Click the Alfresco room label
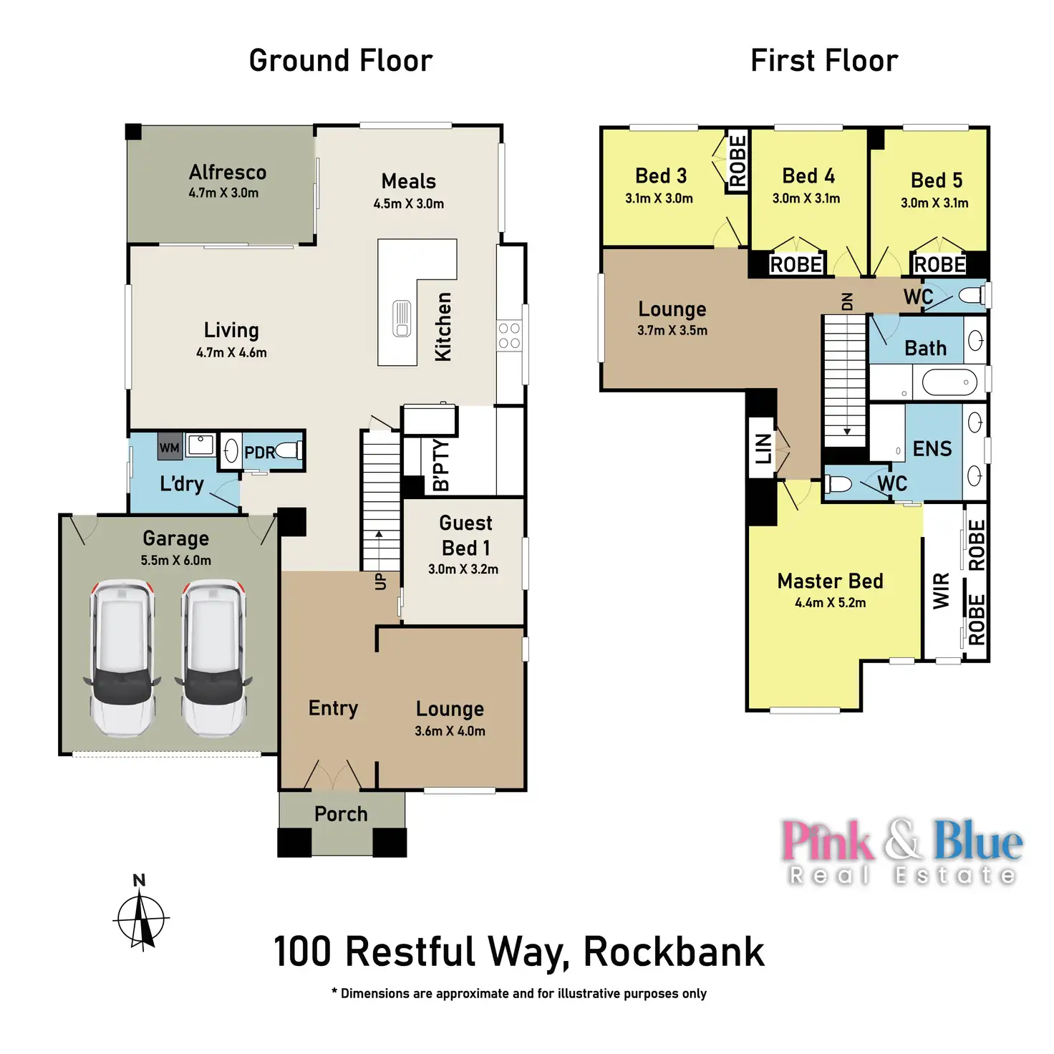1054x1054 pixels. click(228, 173)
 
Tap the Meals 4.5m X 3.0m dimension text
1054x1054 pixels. click(408, 204)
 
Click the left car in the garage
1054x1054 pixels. click(122, 657)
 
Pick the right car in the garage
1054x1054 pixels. click(213, 657)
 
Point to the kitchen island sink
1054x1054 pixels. click(402, 319)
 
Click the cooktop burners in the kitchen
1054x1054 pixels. click(509, 335)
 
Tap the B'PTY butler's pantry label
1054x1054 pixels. click(441, 465)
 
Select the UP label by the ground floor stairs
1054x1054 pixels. click(380, 581)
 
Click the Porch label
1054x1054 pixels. click(341, 814)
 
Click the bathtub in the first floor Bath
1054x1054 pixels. click(949, 382)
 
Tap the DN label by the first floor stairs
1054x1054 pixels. click(847, 301)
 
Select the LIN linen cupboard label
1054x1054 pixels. click(763, 448)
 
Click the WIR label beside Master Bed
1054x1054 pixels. click(941, 591)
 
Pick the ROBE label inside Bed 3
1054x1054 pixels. click(738, 161)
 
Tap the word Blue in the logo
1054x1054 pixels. click(978, 841)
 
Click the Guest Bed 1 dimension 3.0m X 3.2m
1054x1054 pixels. click(463, 569)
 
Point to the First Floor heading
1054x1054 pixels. click(824, 61)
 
